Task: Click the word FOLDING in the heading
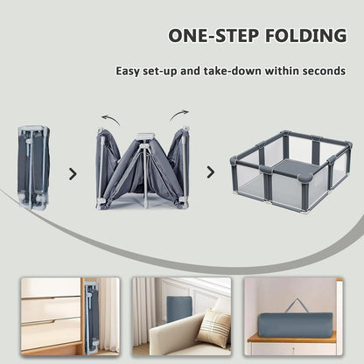coord(306,36)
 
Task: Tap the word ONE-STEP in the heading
coord(213,36)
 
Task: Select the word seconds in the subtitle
coord(324,71)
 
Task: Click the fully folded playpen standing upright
coord(34,167)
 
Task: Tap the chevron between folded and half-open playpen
coord(73,174)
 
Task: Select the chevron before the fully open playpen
coord(211,172)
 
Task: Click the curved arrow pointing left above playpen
coord(111,119)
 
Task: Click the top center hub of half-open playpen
coord(144,136)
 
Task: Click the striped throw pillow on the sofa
coord(213,328)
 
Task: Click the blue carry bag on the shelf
coord(295,325)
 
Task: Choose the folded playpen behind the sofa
coord(178,309)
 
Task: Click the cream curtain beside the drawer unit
coord(109,315)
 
